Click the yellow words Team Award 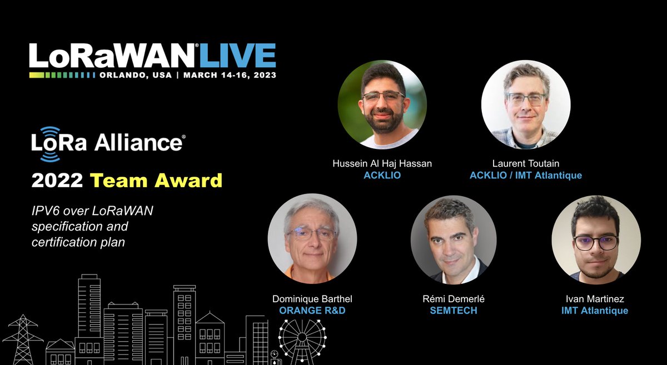pyautogui.click(x=156, y=181)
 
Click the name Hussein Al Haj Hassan pyautogui.click(x=382, y=163)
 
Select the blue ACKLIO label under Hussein pyautogui.click(x=382, y=176)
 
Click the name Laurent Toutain pyautogui.click(x=526, y=163)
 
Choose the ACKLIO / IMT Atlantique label pyautogui.click(x=526, y=176)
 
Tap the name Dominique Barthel pyautogui.click(x=312, y=299)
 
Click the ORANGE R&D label pyautogui.click(x=312, y=311)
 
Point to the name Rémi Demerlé pyautogui.click(x=454, y=299)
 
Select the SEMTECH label pyautogui.click(x=454, y=311)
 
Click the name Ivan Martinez pyautogui.click(x=595, y=299)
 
